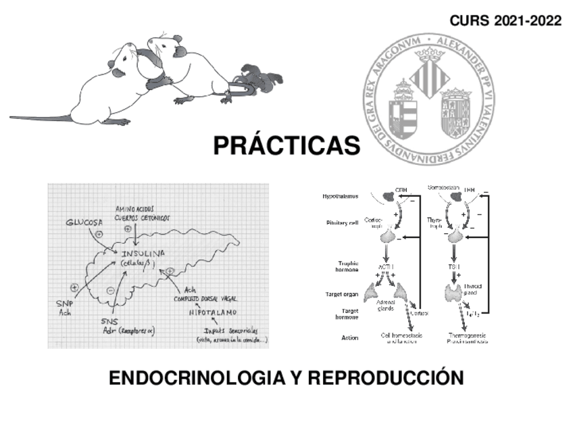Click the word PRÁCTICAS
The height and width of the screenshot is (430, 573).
tap(286, 145)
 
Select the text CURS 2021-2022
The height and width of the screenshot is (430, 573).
tap(505, 21)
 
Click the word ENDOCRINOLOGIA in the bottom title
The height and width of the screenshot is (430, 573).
tap(197, 377)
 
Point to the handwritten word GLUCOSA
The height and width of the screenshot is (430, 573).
tap(86, 222)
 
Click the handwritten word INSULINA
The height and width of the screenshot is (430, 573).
tap(143, 254)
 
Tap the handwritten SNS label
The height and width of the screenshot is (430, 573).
tap(109, 320)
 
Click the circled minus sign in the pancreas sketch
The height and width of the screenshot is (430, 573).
tap(110, 290)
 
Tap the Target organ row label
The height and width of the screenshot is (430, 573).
tap(343, 294)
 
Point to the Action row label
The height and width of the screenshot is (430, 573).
tap(350, 337)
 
